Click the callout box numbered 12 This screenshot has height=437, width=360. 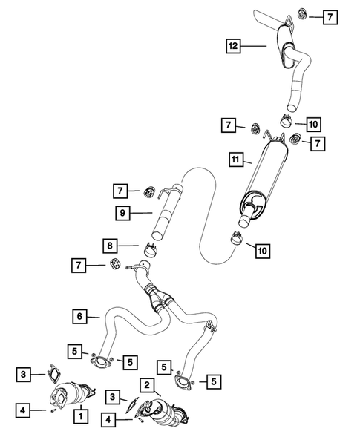tap(234, 46)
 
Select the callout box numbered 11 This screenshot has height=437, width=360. tap(235, 159)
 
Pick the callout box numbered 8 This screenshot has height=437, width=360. tap(110, 244)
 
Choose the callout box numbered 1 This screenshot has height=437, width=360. tap(79, 416)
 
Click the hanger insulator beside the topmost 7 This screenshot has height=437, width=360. tap(303, 14)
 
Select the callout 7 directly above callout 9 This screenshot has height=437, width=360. tap(122, 191)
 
